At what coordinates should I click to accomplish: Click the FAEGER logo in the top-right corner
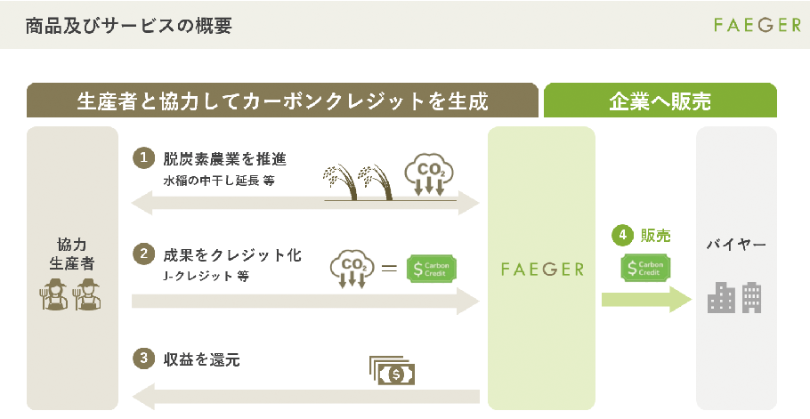coord(757,25)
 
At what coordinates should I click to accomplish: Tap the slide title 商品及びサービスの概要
coord(129,25)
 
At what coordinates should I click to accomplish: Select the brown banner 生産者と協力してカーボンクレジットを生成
coord(282,101)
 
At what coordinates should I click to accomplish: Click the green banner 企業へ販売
coord(660,101)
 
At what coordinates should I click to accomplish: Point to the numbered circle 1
coord(143,157)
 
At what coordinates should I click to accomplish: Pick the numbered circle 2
coord(143,254)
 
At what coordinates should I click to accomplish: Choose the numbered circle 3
coord(143,359)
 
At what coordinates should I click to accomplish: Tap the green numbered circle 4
coord(622,236)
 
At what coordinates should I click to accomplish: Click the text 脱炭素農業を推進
coord(224,159)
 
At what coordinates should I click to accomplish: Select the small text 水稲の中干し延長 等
coord(219,181)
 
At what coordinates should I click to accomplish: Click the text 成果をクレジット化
coord(232,255)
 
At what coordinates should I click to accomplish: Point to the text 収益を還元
coord(201,359)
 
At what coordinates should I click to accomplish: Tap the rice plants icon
coord(358,182)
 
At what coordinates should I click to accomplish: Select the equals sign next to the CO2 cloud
coord(389,268)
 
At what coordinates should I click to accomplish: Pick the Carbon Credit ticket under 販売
coord(645,268)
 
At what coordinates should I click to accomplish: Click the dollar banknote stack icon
coord(392,370)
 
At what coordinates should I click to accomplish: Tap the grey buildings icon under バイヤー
coord(734,298)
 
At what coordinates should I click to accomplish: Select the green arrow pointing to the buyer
coord(646,299)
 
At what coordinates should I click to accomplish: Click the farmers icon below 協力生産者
coord(70,294)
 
